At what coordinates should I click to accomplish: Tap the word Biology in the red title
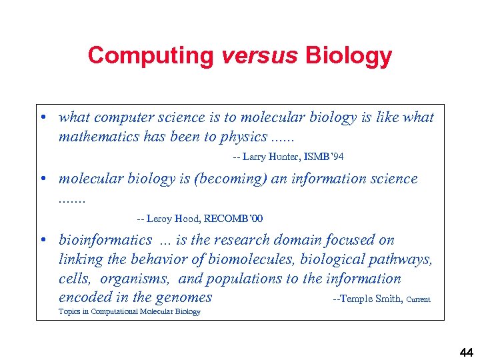tap(349, 55)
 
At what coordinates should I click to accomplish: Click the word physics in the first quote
tap(238, 137)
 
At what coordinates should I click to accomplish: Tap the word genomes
tap(184, 297)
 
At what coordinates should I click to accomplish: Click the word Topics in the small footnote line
tap(69, 311)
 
